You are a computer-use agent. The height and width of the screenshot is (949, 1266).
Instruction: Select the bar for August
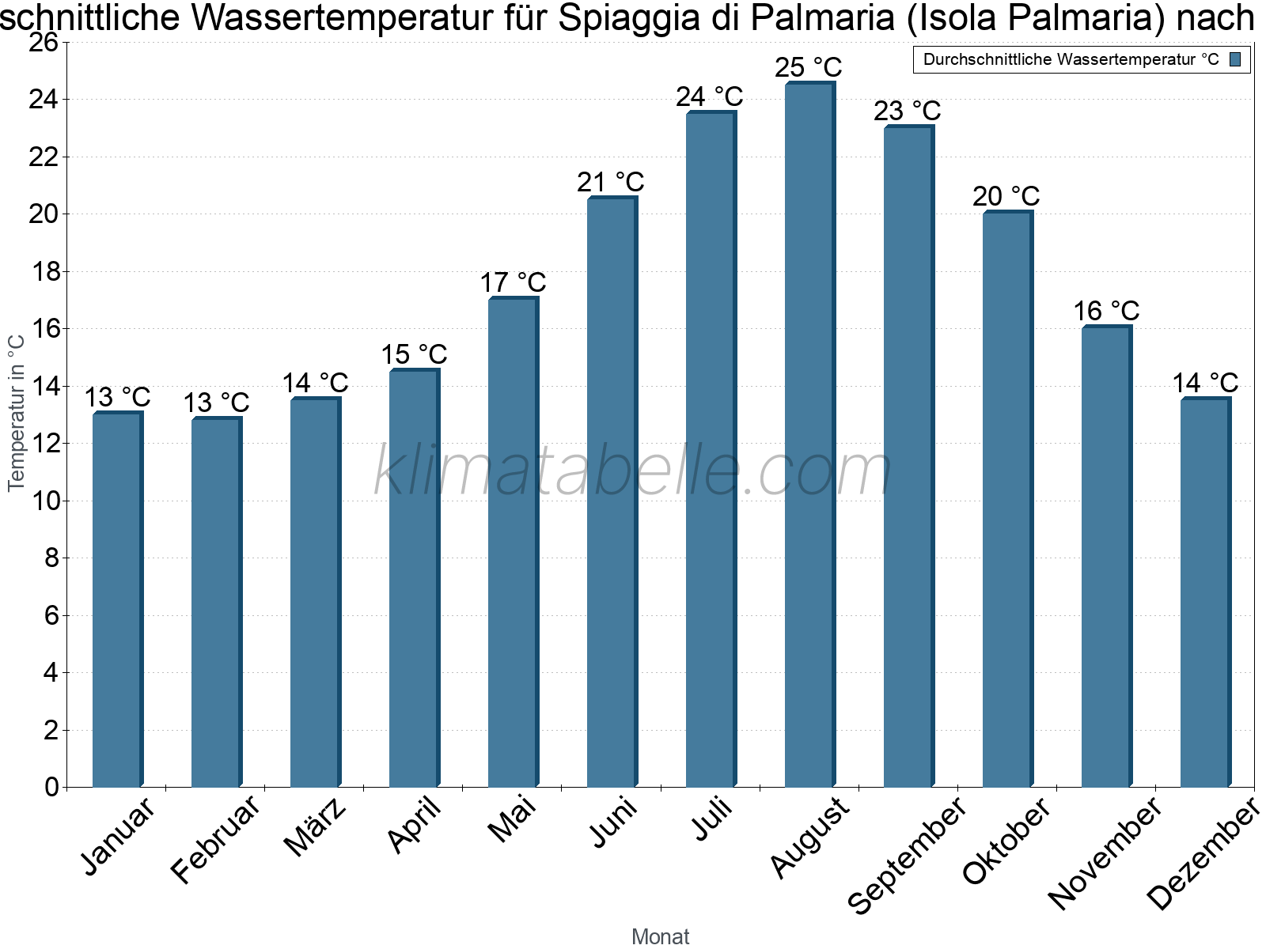[809, 435]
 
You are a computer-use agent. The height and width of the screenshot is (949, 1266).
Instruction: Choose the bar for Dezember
[1205, 593]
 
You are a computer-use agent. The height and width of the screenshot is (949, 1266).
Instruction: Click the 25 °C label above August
[808, 67]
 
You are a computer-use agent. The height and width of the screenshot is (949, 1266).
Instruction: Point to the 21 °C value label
[610, 182]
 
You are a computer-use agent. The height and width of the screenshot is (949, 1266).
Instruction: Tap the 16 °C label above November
[1106, 311]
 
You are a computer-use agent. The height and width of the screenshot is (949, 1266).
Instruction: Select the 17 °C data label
[513, 282]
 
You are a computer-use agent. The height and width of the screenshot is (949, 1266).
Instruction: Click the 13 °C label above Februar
[216, 403]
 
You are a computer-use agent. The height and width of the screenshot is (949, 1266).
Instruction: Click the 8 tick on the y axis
[51, 558]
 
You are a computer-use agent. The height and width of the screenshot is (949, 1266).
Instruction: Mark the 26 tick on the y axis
[44, 42]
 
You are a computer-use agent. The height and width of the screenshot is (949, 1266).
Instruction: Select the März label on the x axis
[316, 826]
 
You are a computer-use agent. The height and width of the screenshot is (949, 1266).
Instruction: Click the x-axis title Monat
[661, 936]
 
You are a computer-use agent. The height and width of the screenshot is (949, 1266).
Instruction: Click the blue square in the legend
[1235, 59]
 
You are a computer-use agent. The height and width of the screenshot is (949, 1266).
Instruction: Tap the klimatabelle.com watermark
[632, 471]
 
